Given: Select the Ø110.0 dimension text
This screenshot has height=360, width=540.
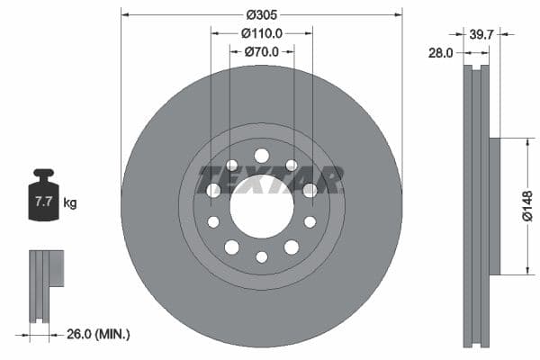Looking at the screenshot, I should [262, 32].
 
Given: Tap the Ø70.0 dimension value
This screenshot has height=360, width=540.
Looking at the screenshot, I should [262, 51].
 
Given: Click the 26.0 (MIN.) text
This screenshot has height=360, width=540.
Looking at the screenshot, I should [99, 334].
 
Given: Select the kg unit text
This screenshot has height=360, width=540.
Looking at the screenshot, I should [70, 203].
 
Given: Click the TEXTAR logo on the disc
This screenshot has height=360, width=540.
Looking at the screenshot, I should [270, 180].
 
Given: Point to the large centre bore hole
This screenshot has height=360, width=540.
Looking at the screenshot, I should [262, 206].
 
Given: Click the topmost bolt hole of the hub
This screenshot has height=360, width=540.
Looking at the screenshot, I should [262, 156].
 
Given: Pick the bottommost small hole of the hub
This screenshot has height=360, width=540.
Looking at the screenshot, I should [262, 256].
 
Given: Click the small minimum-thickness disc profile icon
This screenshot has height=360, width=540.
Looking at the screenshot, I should [45, 284].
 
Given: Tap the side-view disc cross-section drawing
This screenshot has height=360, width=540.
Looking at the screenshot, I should [477, 206].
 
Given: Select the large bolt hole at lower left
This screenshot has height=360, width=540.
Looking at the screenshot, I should [232, 247].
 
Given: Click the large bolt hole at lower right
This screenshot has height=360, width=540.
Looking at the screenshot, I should [292, 247].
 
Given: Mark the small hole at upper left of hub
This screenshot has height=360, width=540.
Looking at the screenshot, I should [232, 165].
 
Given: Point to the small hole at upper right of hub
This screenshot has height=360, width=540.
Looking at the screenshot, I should [292, 165].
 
